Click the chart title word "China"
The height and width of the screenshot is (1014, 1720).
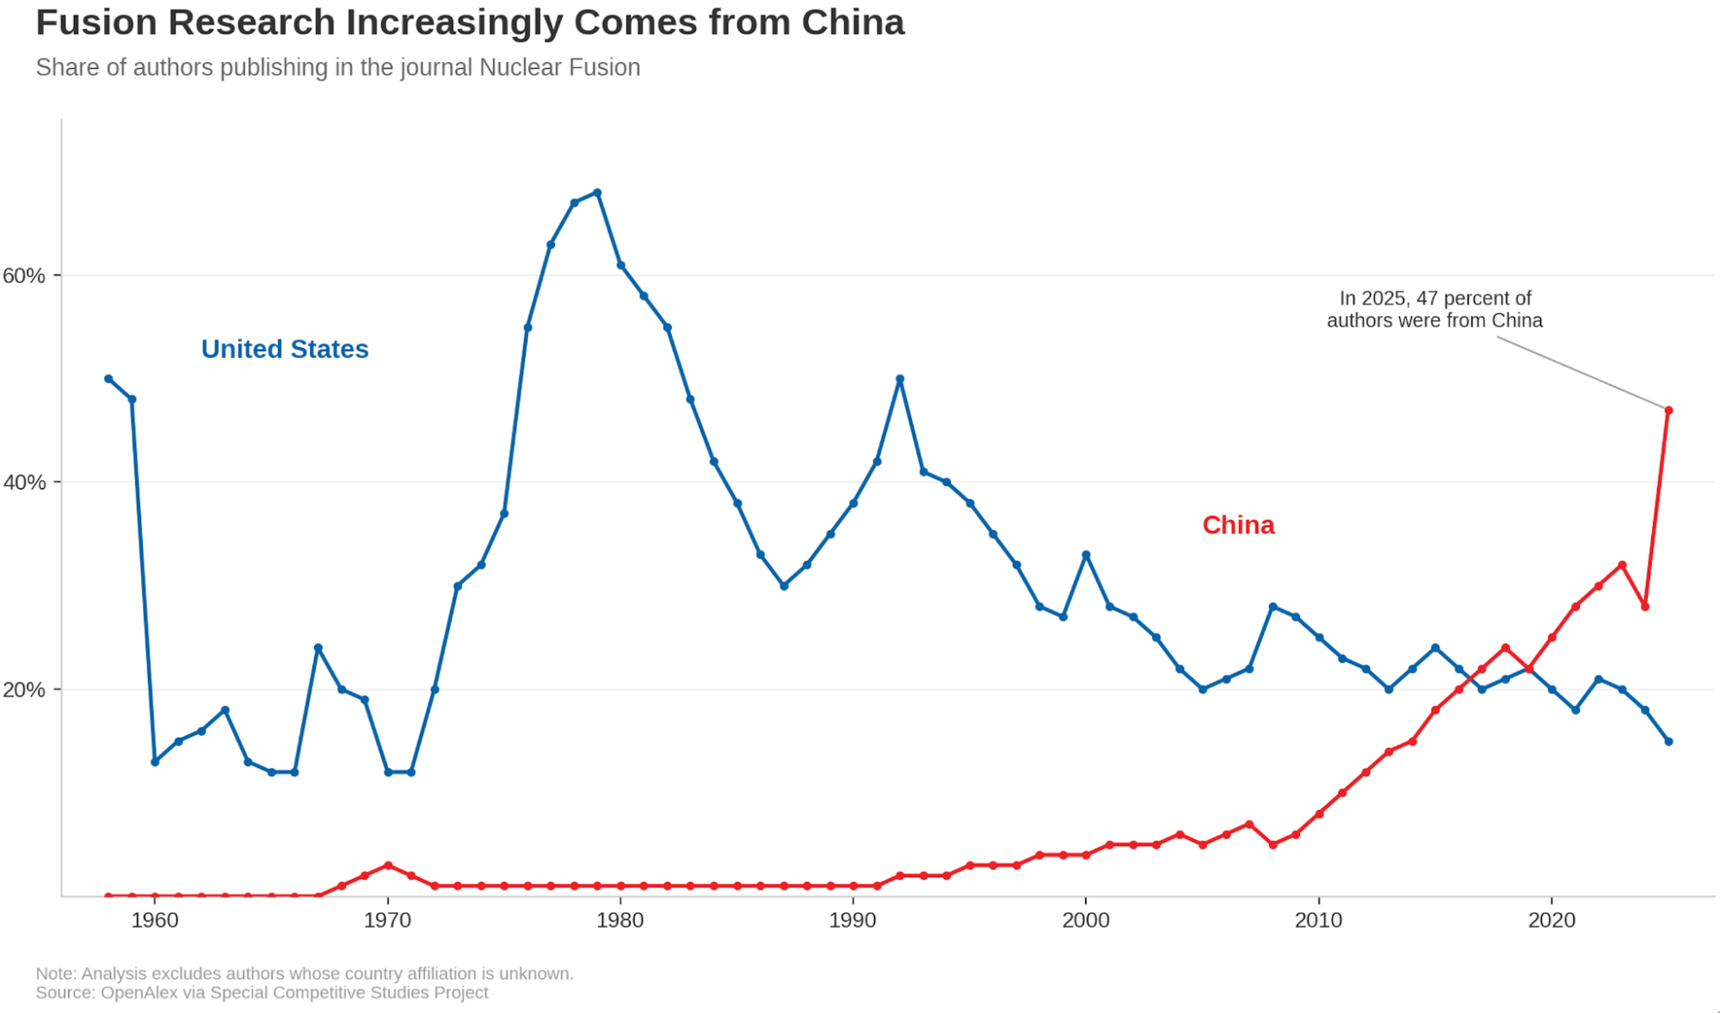point(853,22)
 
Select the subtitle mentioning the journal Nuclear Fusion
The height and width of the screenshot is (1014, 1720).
point(338,67)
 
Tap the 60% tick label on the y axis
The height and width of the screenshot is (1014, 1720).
point(24,275)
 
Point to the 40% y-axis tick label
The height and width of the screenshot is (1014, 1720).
point(24,482)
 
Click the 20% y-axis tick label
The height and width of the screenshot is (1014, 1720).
point(24,689)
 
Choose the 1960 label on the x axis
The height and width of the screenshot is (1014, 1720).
point(155,920)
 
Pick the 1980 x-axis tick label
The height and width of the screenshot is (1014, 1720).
point(620,920)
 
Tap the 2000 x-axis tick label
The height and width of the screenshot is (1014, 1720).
point(1086,920)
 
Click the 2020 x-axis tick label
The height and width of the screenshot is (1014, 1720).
point(1551,920)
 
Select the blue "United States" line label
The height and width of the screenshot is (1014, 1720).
point(285,349)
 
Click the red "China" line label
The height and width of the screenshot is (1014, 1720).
point(1238,525)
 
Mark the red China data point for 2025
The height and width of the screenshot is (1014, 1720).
point(1668,411)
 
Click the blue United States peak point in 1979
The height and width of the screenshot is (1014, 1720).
point(597,193)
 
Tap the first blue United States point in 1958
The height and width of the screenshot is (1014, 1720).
point(108,379)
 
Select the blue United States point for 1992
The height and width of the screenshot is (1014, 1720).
point(900,379)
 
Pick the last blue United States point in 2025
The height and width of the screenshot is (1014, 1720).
point(1668,741)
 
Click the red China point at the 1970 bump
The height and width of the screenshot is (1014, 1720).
point(388,865)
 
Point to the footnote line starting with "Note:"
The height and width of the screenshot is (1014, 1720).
point(305,974)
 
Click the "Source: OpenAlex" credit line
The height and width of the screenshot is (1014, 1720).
point(262,992)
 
